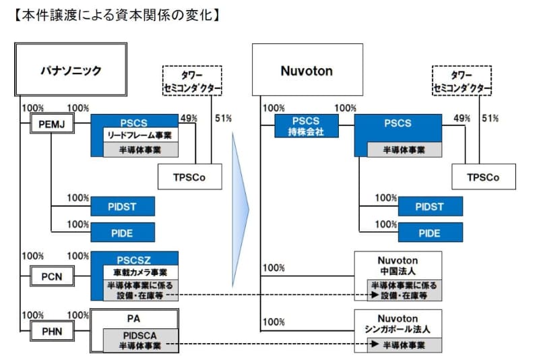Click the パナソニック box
71,69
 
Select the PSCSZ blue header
135,259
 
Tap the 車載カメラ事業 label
135,272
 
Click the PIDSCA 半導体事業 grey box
140,340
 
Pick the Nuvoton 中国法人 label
398,265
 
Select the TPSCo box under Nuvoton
484,177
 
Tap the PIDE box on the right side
430,233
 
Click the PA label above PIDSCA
135,318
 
